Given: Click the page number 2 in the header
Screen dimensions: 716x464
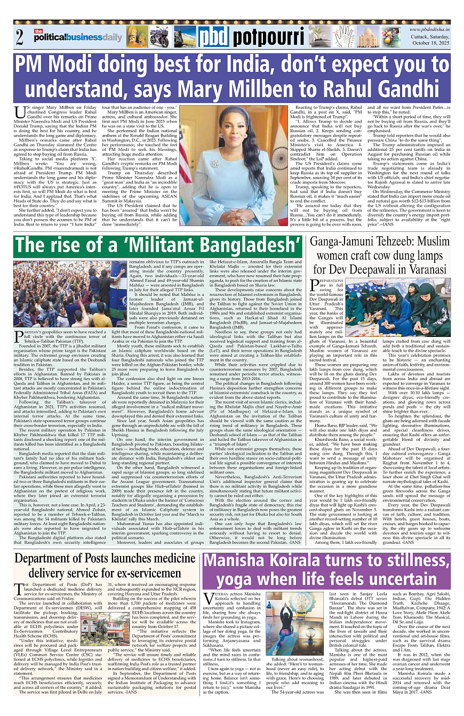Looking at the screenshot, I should tap(20, 38).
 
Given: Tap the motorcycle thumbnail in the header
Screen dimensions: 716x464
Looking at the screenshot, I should tap(159, 38).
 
